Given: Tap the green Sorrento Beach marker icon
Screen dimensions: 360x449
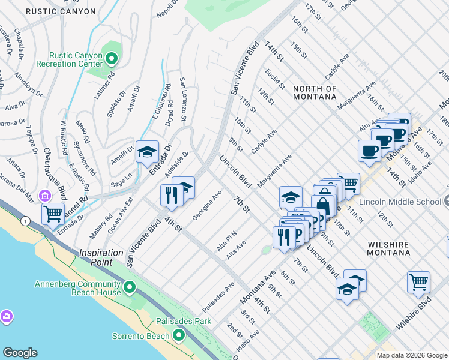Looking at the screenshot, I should point(179,336).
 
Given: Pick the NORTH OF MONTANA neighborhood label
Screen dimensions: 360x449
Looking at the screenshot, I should point(315,92).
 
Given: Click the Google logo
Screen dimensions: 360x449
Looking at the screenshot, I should point(20,353).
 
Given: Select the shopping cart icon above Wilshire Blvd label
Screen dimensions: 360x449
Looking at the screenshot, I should point(418,282).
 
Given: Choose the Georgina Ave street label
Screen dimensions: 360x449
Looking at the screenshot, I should point(207,205).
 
